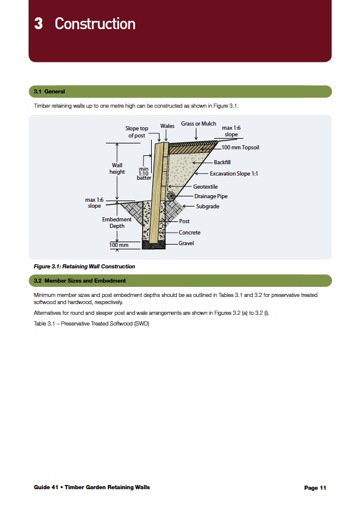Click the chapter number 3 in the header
click(x=38, y=24)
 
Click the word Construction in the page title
click(x=95, y=24)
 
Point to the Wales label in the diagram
click(x=167, y=126)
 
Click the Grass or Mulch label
click(x=199, y=124)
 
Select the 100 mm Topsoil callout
click(x=240, y=147)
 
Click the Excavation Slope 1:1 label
click(x=234, y=174)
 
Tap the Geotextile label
click(x=205, y=186)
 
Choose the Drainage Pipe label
click(x=211, y=196)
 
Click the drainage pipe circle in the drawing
click(x=170, y=195)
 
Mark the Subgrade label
click(x=208, y=206)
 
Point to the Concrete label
click(x=190, y=233)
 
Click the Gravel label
click(x=186, y=243)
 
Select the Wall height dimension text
click(x=117, y=168)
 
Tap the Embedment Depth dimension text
click(x=117, y=223)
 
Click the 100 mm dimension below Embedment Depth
click(x=119, y=245)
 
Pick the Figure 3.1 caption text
click(x=84, y=267)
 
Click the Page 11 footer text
click(x=315, y=488)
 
